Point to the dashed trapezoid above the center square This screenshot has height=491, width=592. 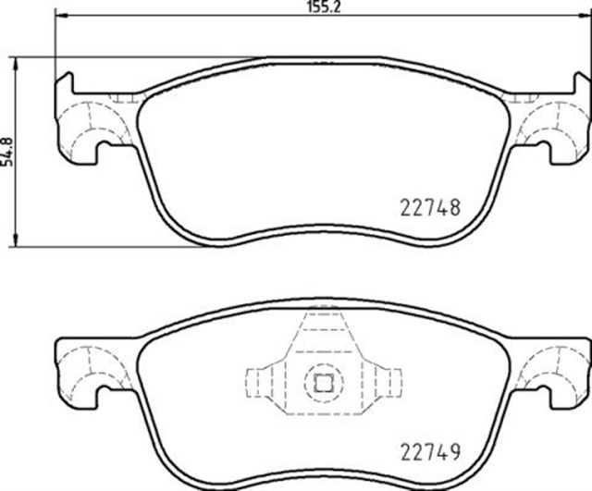[x=323, y=338]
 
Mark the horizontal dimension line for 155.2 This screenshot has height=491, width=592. [x=185, y=17]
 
